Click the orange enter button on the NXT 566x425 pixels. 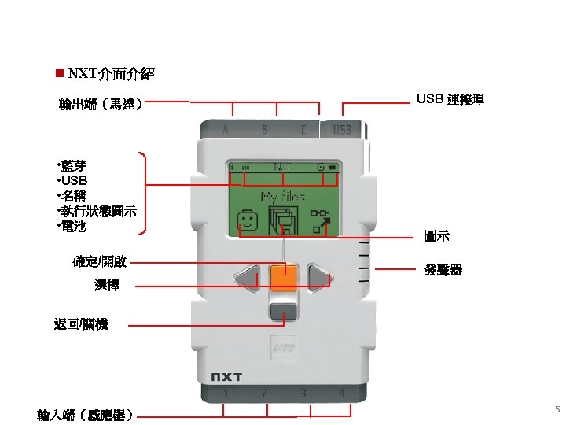(x=283, y=278)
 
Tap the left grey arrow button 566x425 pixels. (x=247, y=278)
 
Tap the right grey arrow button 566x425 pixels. (x=319, y=278)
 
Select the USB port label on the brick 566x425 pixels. (x=342, y=129)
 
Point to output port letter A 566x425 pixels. (x=226, y=129)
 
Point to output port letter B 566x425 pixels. (x=264, y=129)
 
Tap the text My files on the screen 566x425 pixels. (x=283, y=197)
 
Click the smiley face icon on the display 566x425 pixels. (x=248, y=222)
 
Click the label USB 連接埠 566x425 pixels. (x=450, y=99)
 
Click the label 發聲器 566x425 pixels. (x=443, y=270)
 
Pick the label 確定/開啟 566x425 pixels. (x=100, y=261)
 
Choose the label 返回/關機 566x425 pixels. (x=81, y=323)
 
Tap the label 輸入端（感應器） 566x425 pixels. (x=86, y=414)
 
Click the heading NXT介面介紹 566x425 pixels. (x=111, y=75)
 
